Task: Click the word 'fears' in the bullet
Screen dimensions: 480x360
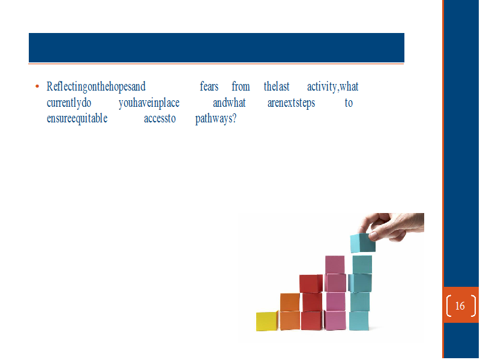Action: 209,86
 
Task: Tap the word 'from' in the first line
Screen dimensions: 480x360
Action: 241,86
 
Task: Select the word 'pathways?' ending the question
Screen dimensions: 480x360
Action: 216,119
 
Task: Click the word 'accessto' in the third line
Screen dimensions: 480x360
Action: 160,118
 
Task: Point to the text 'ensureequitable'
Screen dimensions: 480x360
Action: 77,118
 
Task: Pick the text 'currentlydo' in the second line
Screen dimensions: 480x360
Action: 69,103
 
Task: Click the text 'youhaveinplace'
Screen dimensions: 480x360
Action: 149,103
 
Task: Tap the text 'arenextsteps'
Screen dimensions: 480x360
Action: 291,103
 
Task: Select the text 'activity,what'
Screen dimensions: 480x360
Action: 333,86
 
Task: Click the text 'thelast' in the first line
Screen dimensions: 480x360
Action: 277,86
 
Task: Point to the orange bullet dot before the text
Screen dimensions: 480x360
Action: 37,86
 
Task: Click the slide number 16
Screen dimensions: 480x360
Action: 460,306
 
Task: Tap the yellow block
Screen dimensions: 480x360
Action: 267,321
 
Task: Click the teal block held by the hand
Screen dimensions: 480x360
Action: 362,243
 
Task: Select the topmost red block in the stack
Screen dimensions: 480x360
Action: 311,284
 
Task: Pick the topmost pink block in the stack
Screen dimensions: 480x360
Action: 335,265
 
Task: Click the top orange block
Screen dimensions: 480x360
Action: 290,302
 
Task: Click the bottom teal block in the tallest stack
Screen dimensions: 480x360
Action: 359,321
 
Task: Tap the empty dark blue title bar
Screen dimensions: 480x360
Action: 217,48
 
